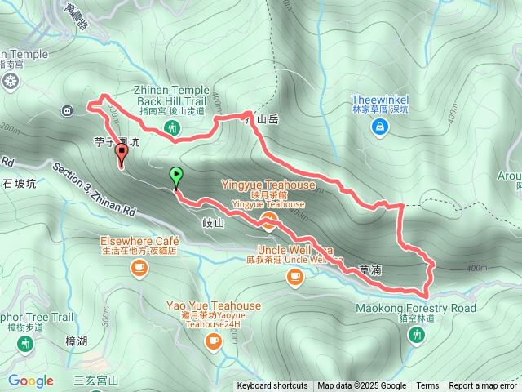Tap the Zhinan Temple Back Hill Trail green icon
coord(171,127)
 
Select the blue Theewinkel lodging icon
coord(380,127)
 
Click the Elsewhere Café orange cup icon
coord(139,266)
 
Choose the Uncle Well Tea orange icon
coord(294,278)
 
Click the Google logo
coord(31,381)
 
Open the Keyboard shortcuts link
coord(272,386)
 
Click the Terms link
coord(427,386)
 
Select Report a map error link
coord(483,386)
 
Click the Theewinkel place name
coord(380,100)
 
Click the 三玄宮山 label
coord(96,381)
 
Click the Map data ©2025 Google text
coord(361,386)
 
